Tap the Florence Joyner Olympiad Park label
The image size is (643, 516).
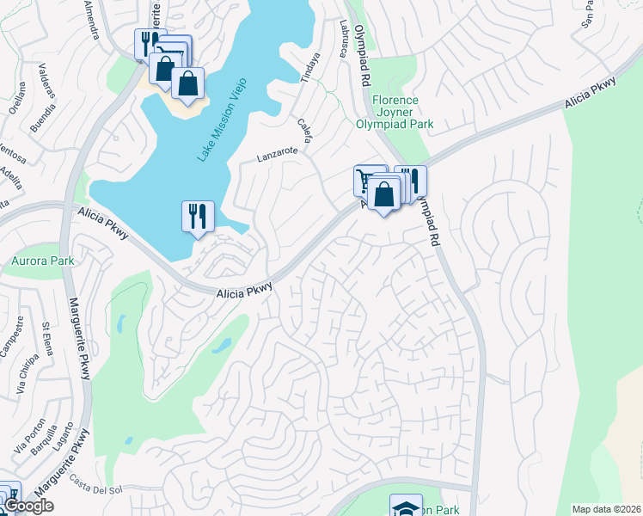395,112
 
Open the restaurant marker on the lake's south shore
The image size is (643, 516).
198,216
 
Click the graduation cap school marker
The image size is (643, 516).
405,506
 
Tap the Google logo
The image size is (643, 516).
28,506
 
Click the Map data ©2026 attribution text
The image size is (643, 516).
606,509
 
